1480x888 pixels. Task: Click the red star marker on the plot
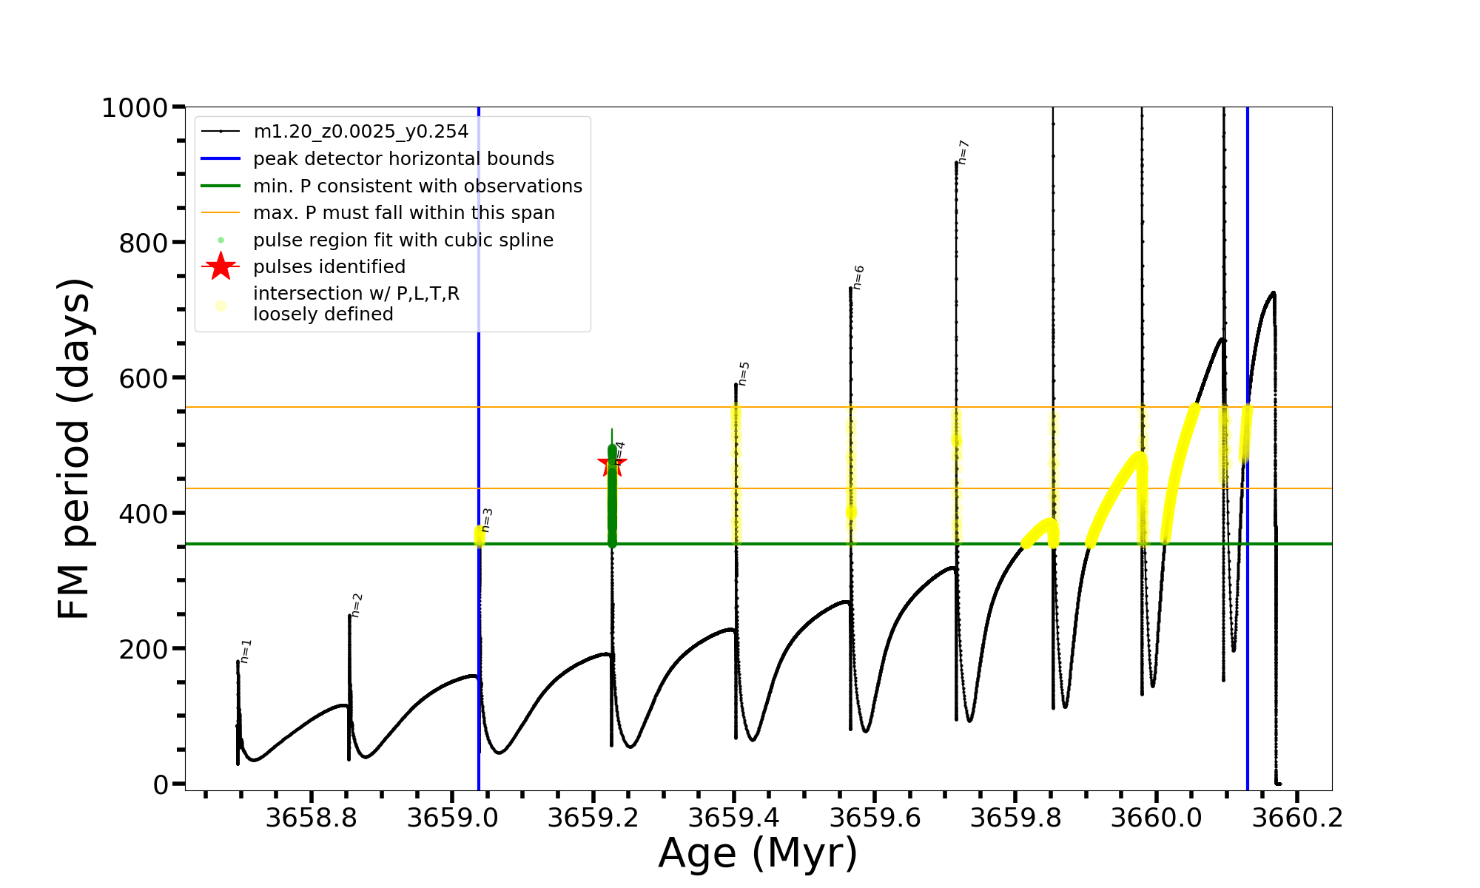point(611,464)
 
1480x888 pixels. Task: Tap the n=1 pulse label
point(246,651)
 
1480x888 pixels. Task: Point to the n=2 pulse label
point(357,605)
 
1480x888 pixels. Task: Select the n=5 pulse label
point(744,374)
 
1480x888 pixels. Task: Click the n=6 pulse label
point(858,277)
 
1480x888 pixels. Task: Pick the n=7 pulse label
point(963,152)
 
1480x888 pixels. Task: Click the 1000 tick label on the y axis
point(135,108)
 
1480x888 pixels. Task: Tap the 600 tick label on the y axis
point(143,378)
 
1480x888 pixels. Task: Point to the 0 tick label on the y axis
point(161,785)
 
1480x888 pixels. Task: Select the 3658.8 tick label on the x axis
point(312,818)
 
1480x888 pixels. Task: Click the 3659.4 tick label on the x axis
point(734,818)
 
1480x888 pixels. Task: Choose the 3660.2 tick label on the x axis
point(1297,818)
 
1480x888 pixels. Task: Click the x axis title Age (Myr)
point(758,853)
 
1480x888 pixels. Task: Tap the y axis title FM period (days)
point(74,448)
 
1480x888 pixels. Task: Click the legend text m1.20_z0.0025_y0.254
point(360,132)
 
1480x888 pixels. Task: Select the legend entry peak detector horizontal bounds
point(403,159)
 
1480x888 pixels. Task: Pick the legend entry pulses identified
point(329,267)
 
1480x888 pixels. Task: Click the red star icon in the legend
point(221,266)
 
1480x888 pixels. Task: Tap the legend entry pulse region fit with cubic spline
point(403,240)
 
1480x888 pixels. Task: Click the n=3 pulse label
point(486,520)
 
